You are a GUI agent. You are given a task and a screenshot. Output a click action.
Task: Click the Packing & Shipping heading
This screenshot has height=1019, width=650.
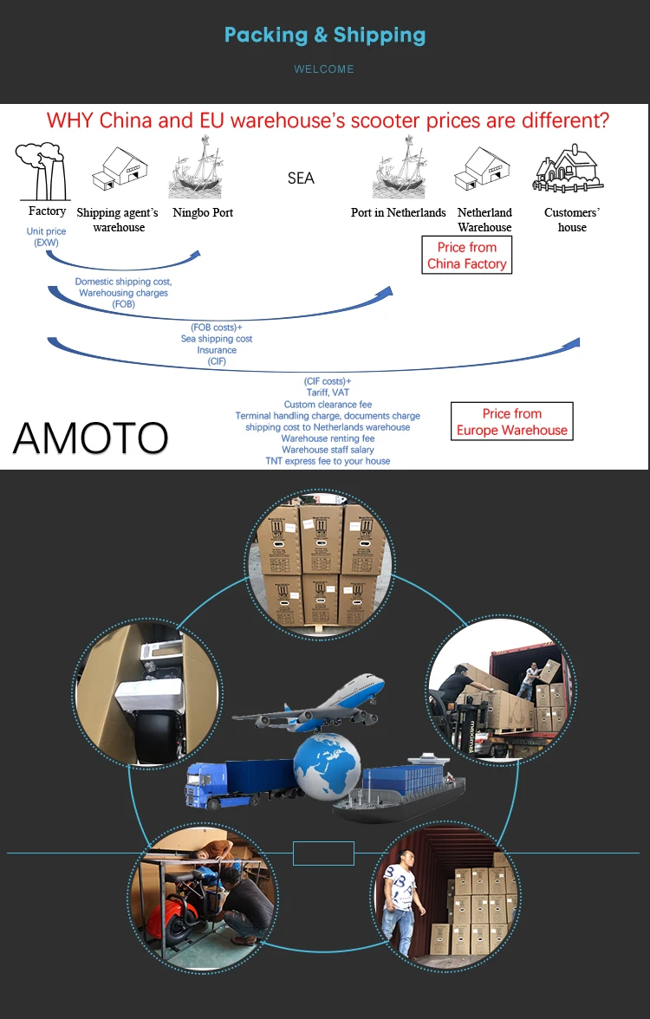[325, 36]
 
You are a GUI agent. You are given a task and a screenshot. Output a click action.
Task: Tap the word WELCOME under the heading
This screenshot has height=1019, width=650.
[324, 69]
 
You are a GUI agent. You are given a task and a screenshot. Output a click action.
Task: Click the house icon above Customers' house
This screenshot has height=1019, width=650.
[569, 169]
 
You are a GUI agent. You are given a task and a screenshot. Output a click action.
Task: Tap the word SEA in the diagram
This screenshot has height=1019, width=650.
[301, 178]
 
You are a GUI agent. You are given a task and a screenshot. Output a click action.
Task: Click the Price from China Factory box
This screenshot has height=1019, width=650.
[466, 256]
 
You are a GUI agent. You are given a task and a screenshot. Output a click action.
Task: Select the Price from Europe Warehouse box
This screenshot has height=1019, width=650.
[511, 422]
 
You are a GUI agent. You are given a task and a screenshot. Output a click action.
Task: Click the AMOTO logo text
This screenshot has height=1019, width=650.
[90, 438]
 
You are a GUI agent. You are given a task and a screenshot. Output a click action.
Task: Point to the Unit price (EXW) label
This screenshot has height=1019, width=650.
[46, 237]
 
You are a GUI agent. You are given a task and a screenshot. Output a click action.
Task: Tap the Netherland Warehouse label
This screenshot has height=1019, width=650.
[484, 220]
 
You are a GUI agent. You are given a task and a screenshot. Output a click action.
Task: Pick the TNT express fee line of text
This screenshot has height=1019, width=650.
[328, 461]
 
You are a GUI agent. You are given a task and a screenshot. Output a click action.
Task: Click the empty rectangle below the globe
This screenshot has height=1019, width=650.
[323, 853]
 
